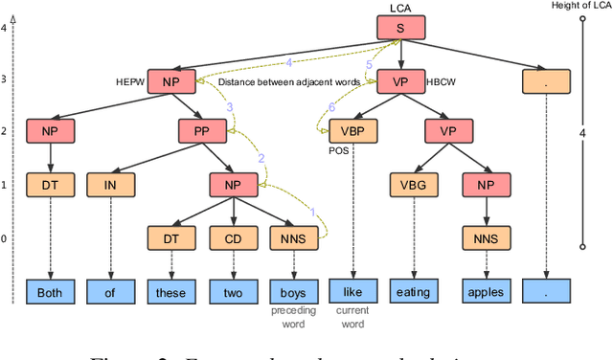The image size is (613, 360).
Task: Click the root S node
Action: pos(401,29)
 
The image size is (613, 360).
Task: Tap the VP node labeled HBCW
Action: pos(401,81)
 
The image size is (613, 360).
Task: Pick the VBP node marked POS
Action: pos(353,131)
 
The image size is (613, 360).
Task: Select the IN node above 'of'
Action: pos(110,183)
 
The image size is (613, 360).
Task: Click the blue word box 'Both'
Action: pos(49,290)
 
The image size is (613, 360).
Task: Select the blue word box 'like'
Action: pos(353,290)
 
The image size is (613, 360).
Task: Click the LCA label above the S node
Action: pos(400,9)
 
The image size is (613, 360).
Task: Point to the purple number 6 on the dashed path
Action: pos(332,107)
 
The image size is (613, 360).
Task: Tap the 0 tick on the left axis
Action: pos(4,238)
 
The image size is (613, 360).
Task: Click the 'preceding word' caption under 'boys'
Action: pos(293,318)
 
